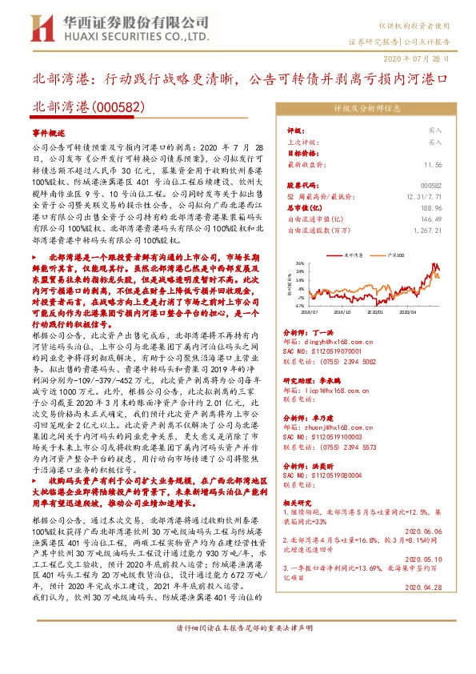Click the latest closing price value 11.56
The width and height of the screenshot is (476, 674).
(x=433, y=163)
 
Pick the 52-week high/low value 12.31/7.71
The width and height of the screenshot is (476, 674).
(x=424, y=196)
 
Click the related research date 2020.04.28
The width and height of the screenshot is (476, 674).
(x=426, y=588)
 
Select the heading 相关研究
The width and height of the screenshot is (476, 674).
(x=301, y=502)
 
